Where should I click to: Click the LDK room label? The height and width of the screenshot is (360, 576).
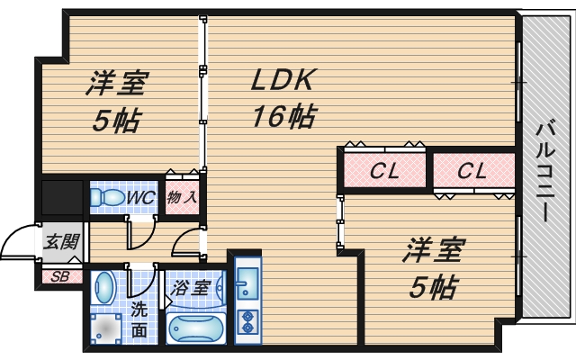[281, 81]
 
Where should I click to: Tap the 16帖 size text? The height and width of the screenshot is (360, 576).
[283, 117]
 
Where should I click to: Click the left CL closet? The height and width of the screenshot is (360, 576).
[383, 169]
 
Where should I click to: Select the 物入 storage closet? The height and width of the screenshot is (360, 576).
[182, 196]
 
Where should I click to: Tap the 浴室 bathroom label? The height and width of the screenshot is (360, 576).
[192, 289]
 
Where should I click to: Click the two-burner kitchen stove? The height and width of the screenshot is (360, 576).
[246, 322]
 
